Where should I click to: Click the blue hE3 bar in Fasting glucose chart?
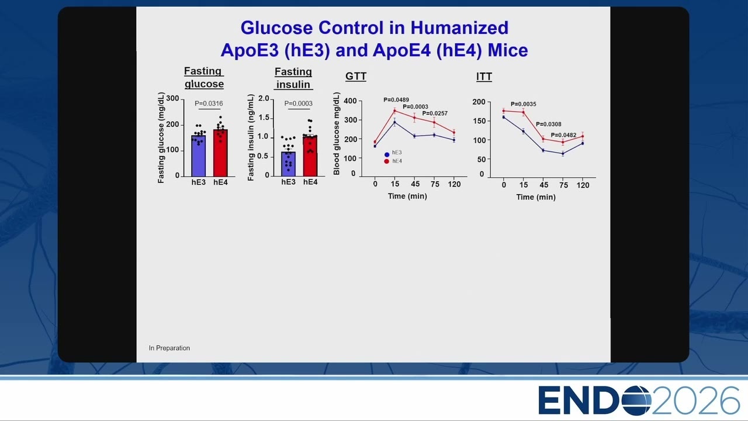click(x=198, y=156)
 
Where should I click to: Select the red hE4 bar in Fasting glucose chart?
click(x=220, y=153)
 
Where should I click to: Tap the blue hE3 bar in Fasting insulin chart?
click(x=288, y=164)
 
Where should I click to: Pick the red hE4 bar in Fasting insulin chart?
click(x=310, y=156)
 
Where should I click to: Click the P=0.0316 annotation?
click(x=209, y=103)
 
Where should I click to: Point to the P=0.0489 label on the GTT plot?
click(x=396, y=99)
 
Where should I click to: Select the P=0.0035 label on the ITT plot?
click(x=523, y=104)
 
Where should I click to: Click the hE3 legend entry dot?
click(x=387, y=155)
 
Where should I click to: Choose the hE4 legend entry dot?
click(x=387, y=161)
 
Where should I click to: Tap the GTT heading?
click(x=356, y=77)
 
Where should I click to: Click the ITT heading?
click(x=484, y=77)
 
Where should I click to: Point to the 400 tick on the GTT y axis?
click(x=350, y=101)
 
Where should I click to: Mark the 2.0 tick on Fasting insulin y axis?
click(x=264, y=98)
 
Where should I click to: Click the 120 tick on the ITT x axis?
click(x=583, y=185)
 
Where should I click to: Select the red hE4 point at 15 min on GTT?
click(x=394, y=111)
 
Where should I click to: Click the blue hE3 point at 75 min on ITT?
click(x=563, y=154)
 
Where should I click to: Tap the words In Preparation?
click(x=169, y=348)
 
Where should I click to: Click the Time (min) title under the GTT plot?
click(x=407, y=196)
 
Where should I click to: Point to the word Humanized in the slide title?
click(x=459, y=27)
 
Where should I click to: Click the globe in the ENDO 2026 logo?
click(x=636, y=400)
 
